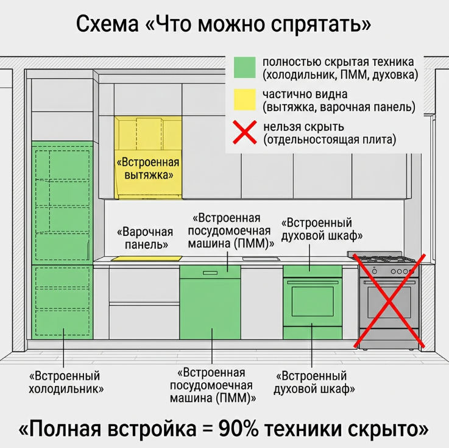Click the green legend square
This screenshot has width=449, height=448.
244,67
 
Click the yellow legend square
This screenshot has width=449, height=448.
244,100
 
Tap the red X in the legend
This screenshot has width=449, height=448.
244,132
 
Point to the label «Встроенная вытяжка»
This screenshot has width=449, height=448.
148,168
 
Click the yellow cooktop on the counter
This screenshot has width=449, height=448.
146,258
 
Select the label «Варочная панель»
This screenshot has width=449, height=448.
146,238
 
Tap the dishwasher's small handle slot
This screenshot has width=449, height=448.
210,272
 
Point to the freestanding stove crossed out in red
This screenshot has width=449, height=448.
389,300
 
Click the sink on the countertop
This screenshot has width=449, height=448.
261,259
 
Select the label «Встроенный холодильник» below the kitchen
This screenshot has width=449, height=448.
66,382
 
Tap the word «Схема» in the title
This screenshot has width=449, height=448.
107,24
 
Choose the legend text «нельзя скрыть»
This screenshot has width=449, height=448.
303,127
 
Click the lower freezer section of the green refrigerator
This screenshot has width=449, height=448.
62,302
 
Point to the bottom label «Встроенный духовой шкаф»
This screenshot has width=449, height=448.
314,382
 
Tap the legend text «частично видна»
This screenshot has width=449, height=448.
305,94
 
